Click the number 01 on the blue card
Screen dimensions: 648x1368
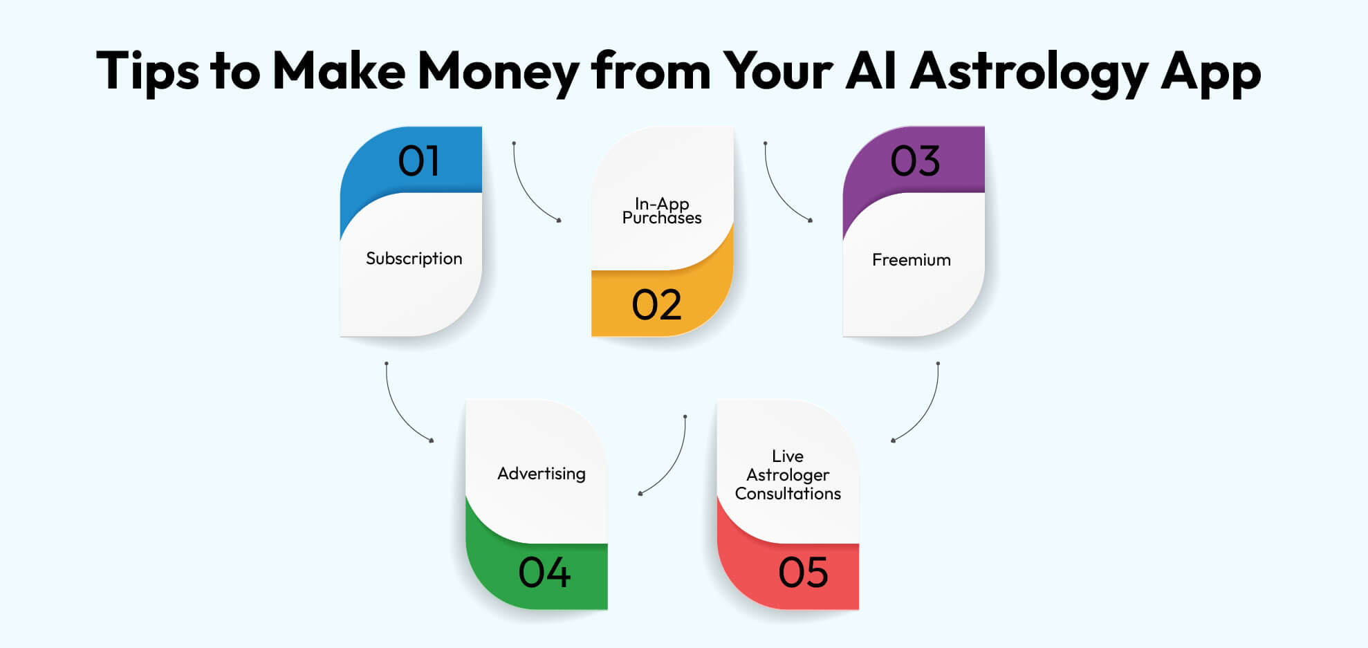(x=418, y=161)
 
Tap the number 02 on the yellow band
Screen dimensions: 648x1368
(x=656, y=305)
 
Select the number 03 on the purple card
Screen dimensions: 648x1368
(x=914, y=161)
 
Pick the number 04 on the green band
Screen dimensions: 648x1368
(x=544, y=573)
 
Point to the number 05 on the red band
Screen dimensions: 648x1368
(x=803, y=573)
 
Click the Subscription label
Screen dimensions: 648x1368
(x=414, y=259)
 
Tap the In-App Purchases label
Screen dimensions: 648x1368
(x=662, y=211)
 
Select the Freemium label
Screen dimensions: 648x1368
(x=911, y=260)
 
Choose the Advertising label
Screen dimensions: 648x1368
(x=541, y=474)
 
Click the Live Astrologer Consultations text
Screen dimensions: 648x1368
(x=788, y=475)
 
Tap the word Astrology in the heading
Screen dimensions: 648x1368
(x=1028, y=72)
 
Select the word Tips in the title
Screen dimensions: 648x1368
(x=147, y=72)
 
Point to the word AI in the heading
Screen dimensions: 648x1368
(x=871, y=71)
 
